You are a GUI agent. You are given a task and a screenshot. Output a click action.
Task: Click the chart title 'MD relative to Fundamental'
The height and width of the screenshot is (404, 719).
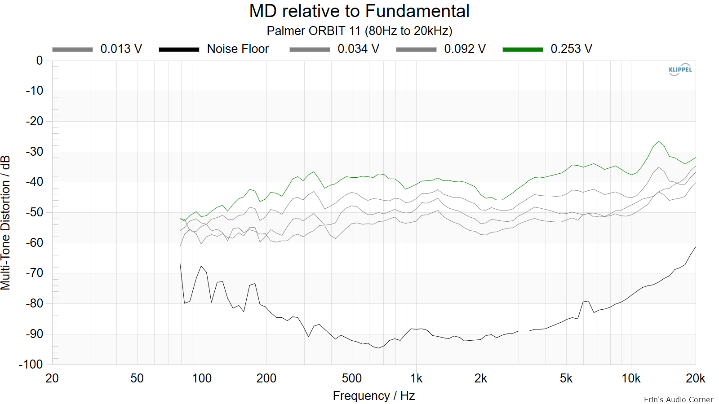pos(359,11)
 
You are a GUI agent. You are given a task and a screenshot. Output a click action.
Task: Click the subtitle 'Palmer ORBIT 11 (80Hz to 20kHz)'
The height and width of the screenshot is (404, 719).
pos(359,31)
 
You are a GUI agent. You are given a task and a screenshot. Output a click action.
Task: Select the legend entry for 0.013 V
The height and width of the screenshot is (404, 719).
pos(97,49)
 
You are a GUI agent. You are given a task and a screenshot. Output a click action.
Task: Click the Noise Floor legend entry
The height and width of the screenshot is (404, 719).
pos(214,49)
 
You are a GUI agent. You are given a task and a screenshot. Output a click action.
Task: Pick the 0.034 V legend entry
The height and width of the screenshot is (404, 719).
pos(334,49)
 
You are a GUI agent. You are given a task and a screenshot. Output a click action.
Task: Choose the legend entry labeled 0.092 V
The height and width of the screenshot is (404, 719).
pos(441,49)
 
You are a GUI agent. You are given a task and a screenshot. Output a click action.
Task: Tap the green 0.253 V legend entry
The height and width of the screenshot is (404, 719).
pos(547,49)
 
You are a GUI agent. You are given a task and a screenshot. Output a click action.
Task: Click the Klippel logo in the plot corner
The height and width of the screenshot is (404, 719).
pos(680,70)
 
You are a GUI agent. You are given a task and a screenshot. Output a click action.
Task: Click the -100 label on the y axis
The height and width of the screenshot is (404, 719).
pos(31,364)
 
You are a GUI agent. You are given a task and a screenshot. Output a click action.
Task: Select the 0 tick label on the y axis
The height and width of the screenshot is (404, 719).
pos(40,60)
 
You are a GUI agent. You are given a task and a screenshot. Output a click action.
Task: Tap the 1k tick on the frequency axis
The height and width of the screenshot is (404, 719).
pos(416,379)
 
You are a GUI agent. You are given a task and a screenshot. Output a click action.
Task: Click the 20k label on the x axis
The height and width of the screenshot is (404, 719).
pos(695,379)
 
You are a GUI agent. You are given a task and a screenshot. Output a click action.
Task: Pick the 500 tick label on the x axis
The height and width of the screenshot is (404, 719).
pos(352,379)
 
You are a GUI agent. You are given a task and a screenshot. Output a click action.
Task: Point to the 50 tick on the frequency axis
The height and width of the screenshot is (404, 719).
pos(137,379)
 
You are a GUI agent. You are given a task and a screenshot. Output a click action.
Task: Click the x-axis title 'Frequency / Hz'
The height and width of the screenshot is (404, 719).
pos(374,396)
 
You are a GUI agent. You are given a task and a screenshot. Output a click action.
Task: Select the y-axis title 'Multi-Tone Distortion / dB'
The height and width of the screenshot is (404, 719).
pos(5,223)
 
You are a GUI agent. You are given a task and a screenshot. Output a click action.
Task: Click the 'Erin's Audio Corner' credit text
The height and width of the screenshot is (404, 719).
pos(679,400)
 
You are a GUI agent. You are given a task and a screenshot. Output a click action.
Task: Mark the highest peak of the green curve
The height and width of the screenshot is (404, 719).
pos(659,141)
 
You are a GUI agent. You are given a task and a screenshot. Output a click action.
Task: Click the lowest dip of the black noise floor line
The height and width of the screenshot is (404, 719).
pos(379,348)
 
